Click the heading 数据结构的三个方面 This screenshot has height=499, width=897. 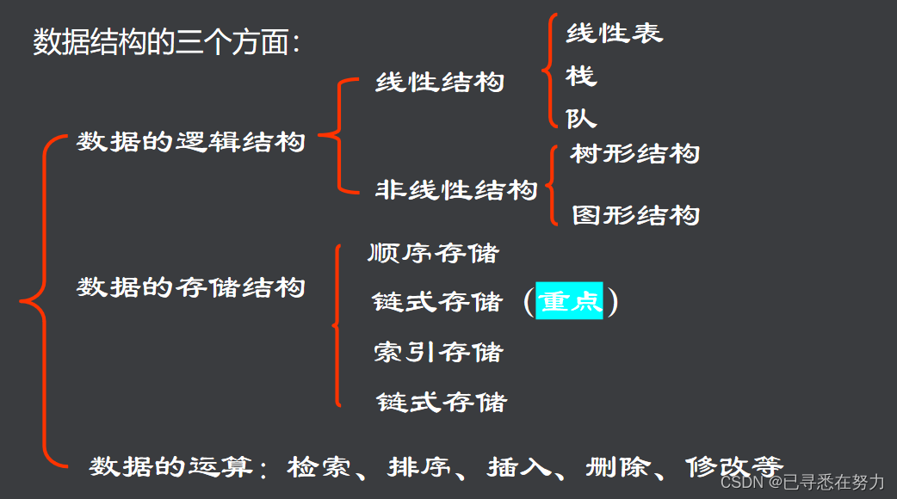click(165, 42)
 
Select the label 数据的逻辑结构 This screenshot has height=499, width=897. click(191, 142)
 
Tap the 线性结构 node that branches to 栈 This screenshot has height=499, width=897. click(440, 83)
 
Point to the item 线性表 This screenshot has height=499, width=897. click(614, 34)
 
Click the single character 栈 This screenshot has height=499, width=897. click(581, 77)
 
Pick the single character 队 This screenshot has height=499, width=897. click(581, 118)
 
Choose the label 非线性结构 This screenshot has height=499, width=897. click(456, 190)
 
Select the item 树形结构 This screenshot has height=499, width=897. click(635, 154)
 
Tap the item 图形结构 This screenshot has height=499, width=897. click(636, 215)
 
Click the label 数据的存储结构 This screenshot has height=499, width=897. click(191, 287)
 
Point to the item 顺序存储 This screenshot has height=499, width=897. click(433, 253)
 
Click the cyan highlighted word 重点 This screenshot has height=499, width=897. click(569, 302)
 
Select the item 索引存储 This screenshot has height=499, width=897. click(439, 352)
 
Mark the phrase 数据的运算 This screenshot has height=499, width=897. click(171, 467)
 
